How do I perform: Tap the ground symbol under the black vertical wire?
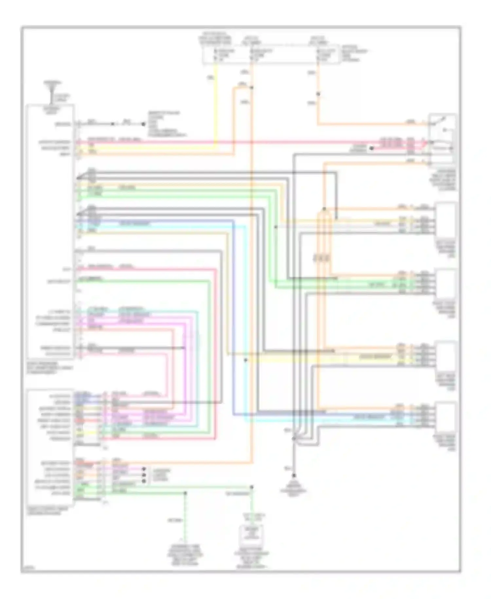tap(294, 475)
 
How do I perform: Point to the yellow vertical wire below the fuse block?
tap(215, 98)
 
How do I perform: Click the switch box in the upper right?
tap(443, 139)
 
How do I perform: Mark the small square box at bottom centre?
tap(251, 533)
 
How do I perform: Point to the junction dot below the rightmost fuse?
tap(318, 94)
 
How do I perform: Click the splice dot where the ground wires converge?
tap(294, 437)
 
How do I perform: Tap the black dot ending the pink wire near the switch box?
tap(372, 148)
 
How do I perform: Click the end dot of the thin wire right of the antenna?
tap(143, 124)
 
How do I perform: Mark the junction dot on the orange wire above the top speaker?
tap(324, 209)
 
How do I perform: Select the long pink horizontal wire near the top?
tap(229, 142)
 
